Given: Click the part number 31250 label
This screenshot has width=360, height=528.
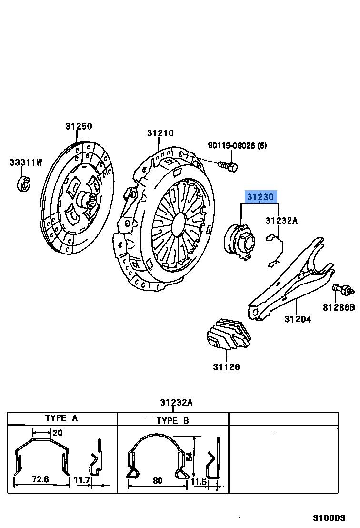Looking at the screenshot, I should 79,126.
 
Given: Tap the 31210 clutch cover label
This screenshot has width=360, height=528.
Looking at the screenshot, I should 160,133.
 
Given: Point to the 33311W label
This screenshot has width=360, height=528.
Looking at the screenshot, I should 26,162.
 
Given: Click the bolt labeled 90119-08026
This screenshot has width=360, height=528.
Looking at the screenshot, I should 229,166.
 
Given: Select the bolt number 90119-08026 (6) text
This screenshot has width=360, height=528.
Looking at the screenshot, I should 237,145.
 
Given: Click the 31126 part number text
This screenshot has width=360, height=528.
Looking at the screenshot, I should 226,367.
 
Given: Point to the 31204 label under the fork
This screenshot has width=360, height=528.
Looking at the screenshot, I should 298,319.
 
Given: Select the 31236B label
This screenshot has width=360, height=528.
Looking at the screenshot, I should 339,307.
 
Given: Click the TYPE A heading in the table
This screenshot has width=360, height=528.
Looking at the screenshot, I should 61,418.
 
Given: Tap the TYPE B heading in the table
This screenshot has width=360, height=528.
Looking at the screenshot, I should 172,420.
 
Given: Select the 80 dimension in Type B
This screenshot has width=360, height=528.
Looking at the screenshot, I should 158,481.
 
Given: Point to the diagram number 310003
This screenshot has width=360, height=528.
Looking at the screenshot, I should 329,518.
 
